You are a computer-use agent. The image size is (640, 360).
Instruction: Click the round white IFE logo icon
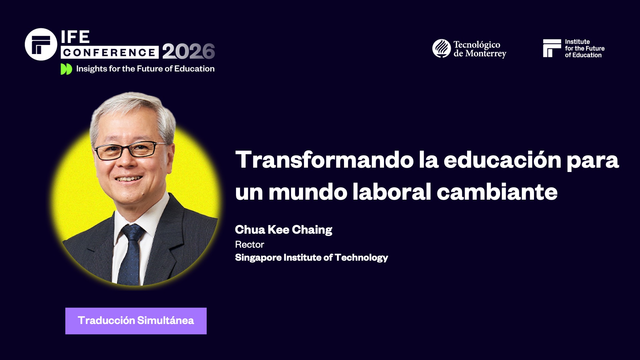pyautogui.click(x=41, y=44)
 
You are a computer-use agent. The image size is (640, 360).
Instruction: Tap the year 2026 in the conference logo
pyautogui.click(x=188, y=52)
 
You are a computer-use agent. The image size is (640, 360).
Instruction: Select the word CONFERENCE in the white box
pyautogui.click(x=109, y=52)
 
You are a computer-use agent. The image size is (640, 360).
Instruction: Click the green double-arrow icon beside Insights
pyautogui.click(x=66, y=69)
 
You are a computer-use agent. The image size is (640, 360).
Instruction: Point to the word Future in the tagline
pyautogui.click(x=150, y=69)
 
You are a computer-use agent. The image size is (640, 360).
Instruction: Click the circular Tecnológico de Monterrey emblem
pyautogui.click(x=441, y=48)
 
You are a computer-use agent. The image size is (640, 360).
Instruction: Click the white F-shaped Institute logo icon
pyautogui.click(x=552, y=48)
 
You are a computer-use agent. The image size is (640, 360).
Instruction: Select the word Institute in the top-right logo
pyautogui.click(x=577, y=42)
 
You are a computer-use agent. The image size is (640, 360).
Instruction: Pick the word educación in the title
pyautogui.click(x=502, y=160)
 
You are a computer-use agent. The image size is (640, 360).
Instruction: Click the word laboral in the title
pyautogui.click(x=392, y=192)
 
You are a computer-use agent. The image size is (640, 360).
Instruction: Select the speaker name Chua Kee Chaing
pyautogui.click(x=283, y=230)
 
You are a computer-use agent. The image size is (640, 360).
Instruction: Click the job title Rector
pyautogui.click(x=249, y=245)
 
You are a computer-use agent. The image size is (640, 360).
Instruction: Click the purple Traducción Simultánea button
pyautogui.click(x=136, y=321)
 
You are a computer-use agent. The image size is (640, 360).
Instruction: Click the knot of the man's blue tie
pyautogui.click(x=132, y=232)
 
